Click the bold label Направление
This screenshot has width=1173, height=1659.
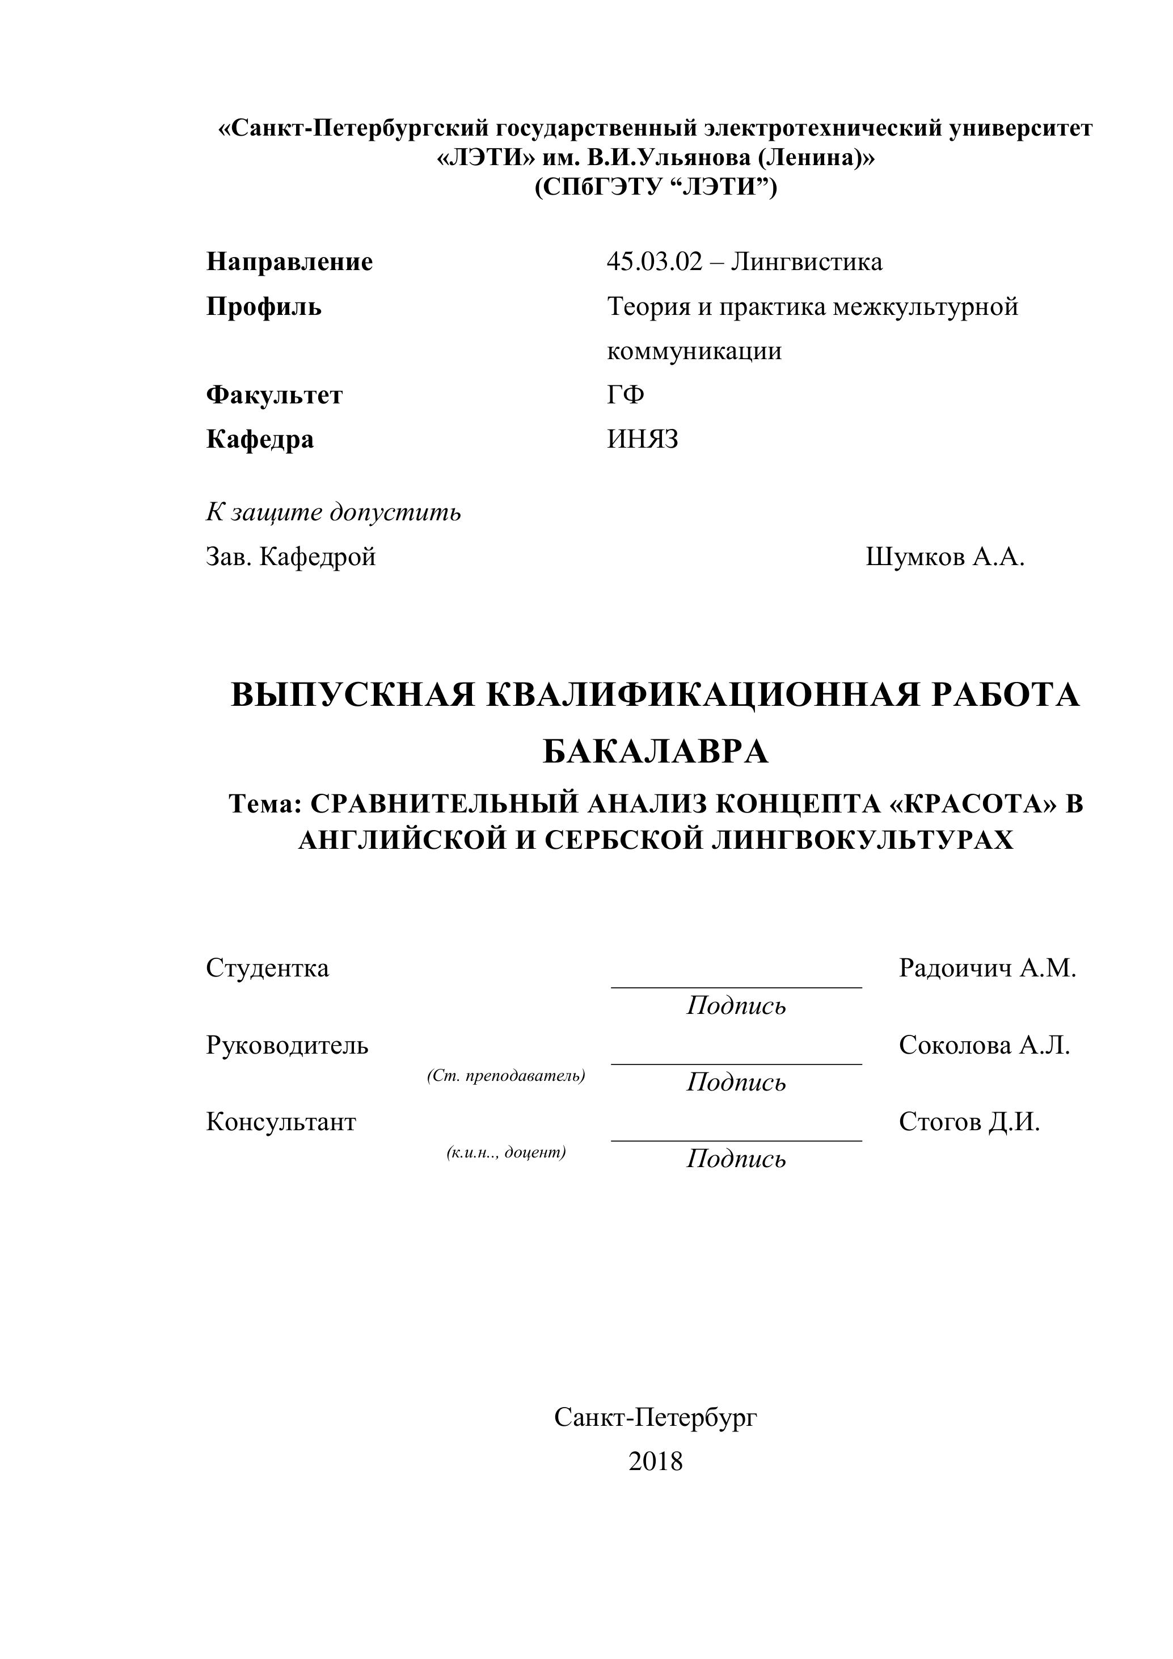290,262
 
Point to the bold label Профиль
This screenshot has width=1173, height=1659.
264,307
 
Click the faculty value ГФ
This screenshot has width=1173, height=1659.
626,395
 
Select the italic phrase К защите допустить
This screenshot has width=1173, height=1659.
333,512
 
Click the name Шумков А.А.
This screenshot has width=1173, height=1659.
945,557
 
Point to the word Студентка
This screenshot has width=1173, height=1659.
267,967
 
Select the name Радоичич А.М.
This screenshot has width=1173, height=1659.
988,967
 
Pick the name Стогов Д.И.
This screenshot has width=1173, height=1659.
969,1122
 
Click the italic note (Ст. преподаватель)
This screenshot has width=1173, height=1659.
505,1076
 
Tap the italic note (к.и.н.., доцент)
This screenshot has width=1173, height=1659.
505,1152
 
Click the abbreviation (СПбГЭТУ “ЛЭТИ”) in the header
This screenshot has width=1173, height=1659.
655,188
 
